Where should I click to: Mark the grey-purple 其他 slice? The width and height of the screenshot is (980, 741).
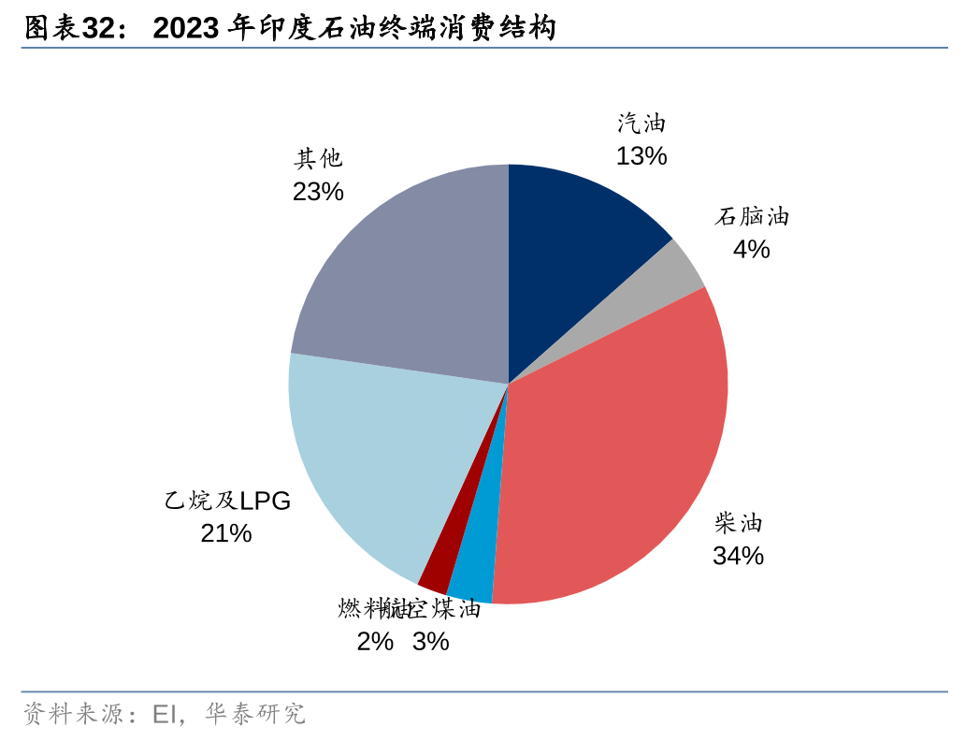point(402,271)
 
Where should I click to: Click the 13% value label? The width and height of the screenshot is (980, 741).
point(641,156)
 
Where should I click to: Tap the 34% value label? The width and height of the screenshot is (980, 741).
point(738,556)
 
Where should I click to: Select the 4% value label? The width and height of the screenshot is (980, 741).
point(751,250)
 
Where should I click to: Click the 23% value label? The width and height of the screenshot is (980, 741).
point(318,192)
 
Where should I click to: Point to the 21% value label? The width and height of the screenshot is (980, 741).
point(226,533)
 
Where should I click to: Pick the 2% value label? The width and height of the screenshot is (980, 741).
point(374,642)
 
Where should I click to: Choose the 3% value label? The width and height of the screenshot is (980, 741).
point(431,642)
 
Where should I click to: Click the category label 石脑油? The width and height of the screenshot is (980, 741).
point(752,217)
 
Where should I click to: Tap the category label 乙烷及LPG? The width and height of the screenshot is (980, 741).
point(227,501)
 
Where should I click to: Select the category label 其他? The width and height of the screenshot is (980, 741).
point(318,159)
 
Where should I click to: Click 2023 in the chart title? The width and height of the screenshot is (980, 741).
point(186,29)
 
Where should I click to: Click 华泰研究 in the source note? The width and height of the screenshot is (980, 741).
point(255,715)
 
